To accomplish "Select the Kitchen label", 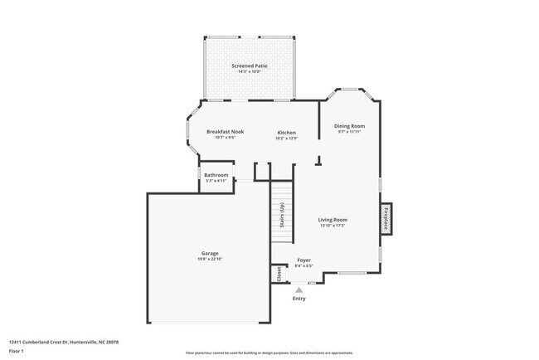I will [286, 132].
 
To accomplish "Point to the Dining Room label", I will [350, 126].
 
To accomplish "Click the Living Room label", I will [332, 219].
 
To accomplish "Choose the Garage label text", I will [210, 253].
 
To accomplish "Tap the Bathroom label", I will [216, 175].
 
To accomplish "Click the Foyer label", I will [303, 260].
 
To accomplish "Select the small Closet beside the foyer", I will [279, 274].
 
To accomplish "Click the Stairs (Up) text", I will [282, 215].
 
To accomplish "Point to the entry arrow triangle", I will [299, 289].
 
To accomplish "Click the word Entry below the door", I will [299, 299].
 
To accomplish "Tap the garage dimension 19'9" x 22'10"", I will [210, 260].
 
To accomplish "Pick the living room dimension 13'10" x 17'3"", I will [332, 226].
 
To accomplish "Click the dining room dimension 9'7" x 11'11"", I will [350, 132].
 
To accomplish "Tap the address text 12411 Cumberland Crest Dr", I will [65, 342].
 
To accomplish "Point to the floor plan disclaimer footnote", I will [269, 352].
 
